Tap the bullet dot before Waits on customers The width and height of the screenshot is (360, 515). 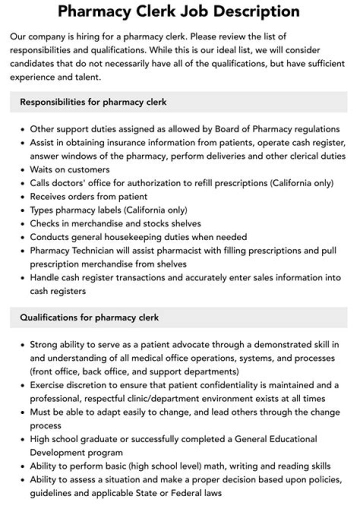click(x=23, y=170)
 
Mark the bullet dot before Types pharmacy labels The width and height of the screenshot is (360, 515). click(x=23, y=210)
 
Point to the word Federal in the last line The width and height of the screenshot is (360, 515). click(x=195, y=493)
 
